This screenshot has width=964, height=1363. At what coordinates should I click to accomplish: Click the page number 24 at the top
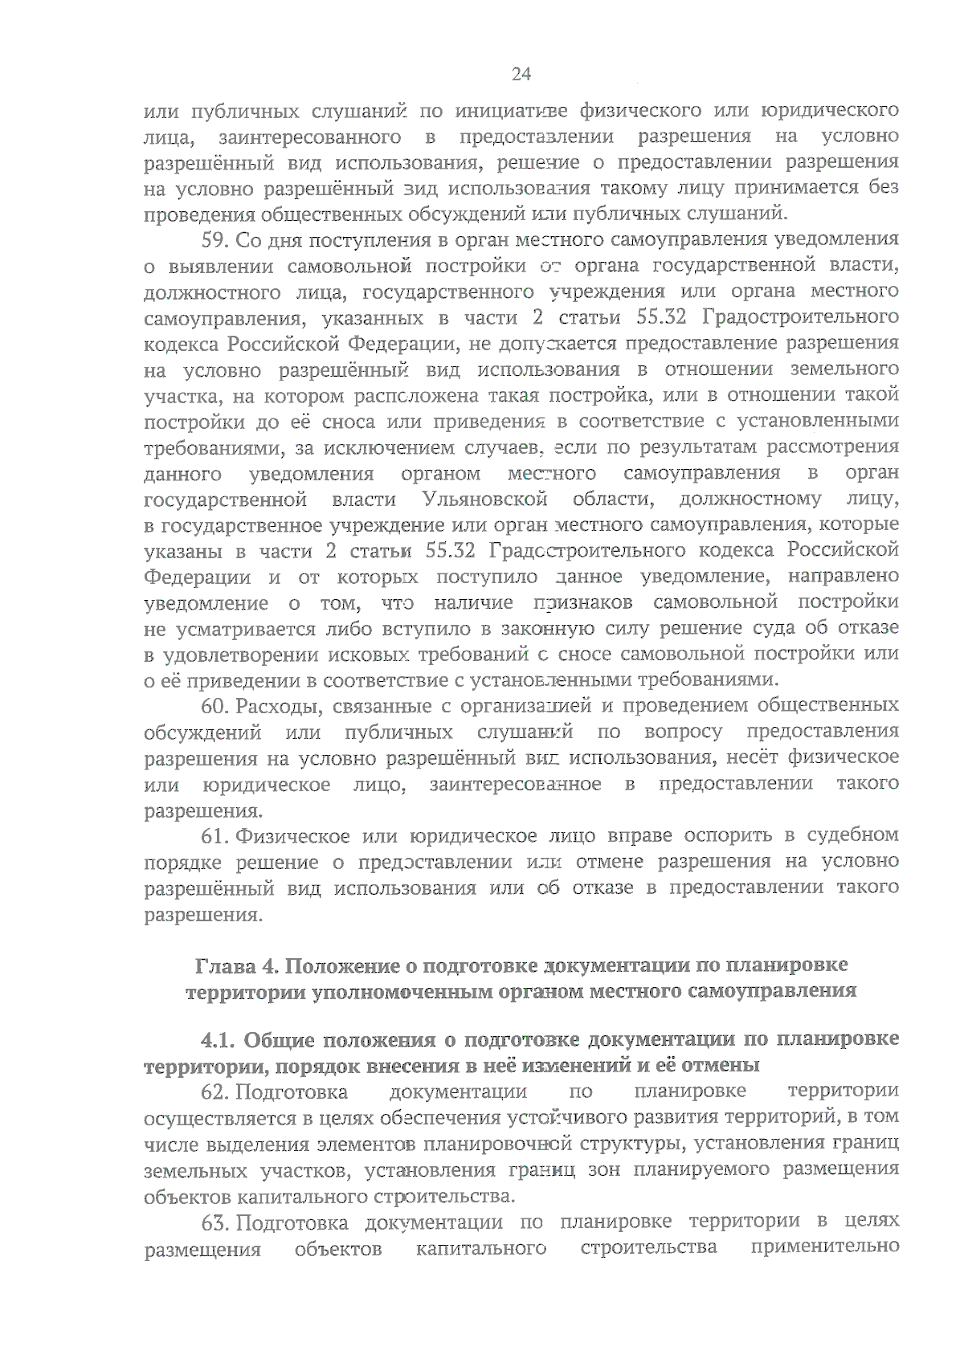point(521,75)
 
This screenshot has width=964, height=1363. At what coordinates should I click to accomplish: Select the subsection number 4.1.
point(218,1040)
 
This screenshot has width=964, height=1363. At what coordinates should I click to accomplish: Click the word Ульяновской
point(484,500)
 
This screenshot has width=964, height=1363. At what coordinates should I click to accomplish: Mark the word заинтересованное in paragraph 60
point(515,784)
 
